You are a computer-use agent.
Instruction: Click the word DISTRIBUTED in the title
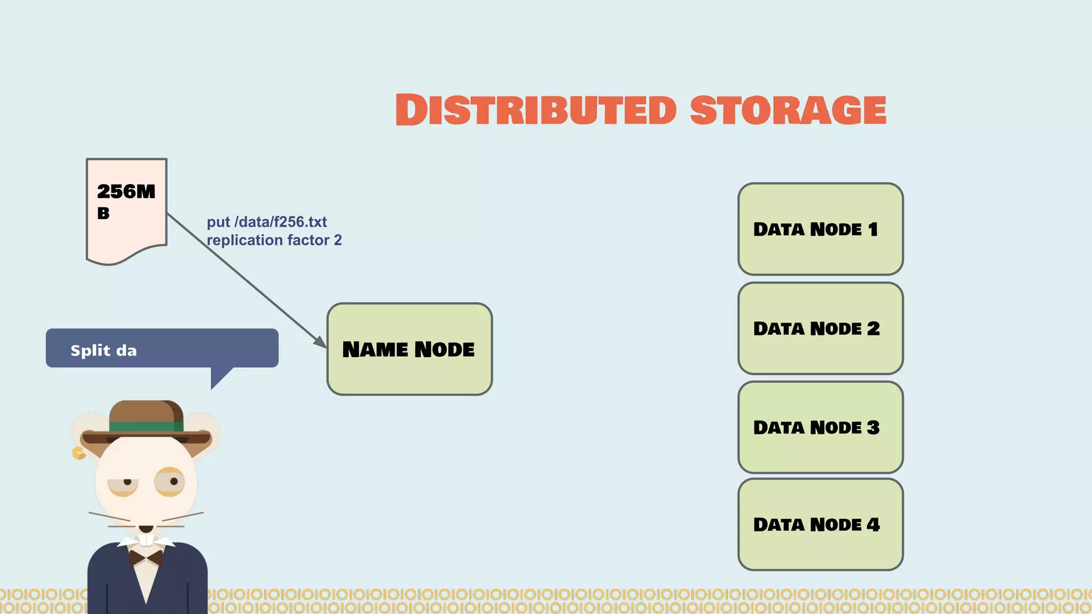[x=536, y=110]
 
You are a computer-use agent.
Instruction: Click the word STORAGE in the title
[x=788, y=110]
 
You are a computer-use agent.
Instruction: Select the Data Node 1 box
[x=820, y=229]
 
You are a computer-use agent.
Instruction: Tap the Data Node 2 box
[x=820, y=328]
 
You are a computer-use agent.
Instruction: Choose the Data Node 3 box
[x=820, y=427]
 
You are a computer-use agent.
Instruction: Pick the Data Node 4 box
[x=820, y=524]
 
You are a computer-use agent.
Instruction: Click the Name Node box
[x=409, y=349]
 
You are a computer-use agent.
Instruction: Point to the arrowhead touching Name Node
[x=320, y=342]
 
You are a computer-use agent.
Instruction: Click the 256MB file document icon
[x=126, y=211]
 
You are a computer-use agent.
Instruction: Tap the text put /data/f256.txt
[x=267, y=222]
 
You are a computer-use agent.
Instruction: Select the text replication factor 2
[x=274, y=240]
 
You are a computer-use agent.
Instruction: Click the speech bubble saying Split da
[x=162, y=348]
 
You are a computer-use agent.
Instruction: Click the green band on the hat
[x=145, y=426]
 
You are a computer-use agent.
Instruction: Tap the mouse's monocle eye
[x=170, y=481]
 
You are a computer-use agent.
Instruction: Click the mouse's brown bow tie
[x=146, y=558]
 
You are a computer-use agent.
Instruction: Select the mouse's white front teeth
[x=146, y=539]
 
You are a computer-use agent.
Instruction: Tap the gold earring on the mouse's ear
[x=78, y=453]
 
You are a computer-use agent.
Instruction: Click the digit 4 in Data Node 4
[x=873, y=524]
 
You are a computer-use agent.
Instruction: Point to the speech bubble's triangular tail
[x=220, y=377]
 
